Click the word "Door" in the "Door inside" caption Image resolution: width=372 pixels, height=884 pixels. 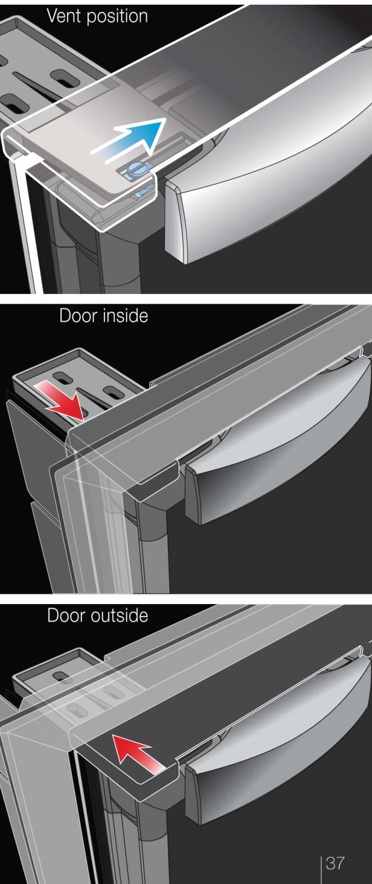tap(78, 316)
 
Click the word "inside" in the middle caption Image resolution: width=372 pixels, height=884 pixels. tap(125, 316)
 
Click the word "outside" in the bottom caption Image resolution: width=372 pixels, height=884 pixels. tap(119, 616)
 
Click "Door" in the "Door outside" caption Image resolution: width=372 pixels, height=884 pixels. tap(66, 616)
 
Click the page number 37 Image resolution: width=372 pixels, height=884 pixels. tap(334, 863)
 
